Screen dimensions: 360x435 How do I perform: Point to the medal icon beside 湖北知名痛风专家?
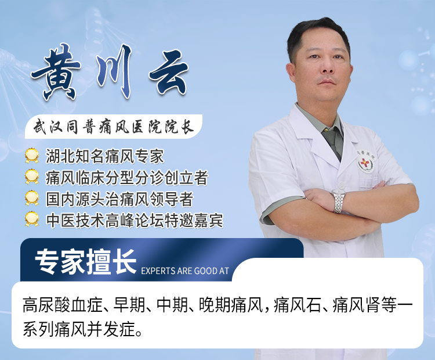[32, 156]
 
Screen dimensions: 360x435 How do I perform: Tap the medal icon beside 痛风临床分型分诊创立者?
[32, 177]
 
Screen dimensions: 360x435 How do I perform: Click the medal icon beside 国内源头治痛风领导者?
[32, 199]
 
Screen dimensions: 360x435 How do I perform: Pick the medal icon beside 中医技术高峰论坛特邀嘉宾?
[32, 219]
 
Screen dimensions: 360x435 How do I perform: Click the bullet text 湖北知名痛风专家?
[104, 156]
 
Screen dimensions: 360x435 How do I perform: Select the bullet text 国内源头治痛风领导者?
[119, 199]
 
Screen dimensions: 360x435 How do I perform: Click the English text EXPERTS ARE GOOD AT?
[185, 271]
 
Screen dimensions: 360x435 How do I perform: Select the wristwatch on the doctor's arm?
[338, 200]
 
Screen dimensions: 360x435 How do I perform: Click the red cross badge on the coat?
[365, 163]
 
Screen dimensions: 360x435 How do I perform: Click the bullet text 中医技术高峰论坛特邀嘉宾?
[134, 219]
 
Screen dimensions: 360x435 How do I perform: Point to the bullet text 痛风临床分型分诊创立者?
[126, 177]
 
